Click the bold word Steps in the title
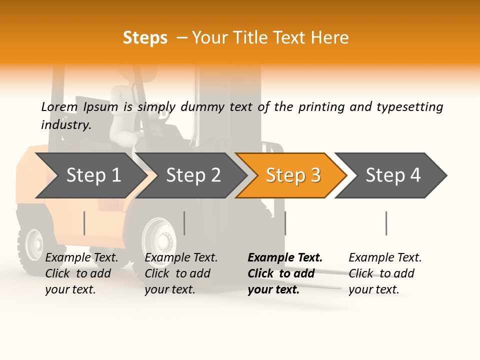(x=145, y=38)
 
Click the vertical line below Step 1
(x=84, y=223)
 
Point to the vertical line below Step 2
(x=184, y=223)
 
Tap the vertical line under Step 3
(x=285, y=223)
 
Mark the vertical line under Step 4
(x=386, y=223)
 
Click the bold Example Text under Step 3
(x=285, y=273)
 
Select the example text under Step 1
(x=81, y=273)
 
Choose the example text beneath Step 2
(x=181, y=273)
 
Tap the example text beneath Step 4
(x=385, y=273)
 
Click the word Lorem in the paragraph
(x=59, y=106)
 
